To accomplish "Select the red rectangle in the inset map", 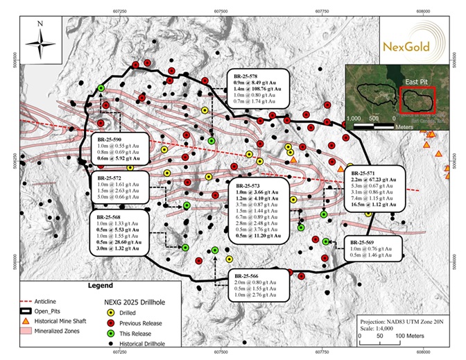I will point(417,102).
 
